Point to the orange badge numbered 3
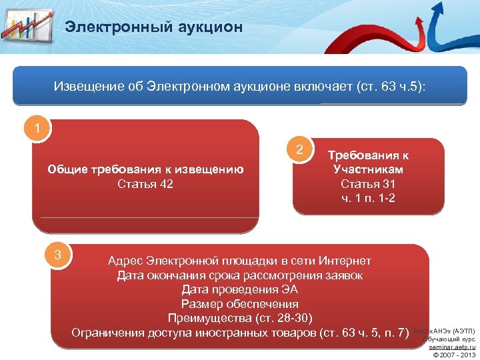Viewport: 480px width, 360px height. pyautogui.click(x=59, y=254)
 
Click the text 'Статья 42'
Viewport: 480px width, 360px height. pyautogui.click(x=145, y=184)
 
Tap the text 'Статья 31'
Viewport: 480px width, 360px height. pyautogui.click(x=368, y=184)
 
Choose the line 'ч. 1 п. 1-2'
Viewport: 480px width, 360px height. pyautogui.click(x=368, y=198)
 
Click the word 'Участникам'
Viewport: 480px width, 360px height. pyautogui.click(x=368, y=169)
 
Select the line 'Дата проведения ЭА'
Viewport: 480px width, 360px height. pyautogui.click(x=239, y=290)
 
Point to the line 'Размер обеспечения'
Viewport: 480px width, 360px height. pyautogui.click(x=239, y=303)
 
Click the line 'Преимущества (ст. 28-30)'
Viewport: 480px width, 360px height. pyautogui.click(x=239, y=317)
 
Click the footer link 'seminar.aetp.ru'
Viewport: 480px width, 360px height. pyautogui.click(x=452, y=347)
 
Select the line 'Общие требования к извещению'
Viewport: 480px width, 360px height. pyautogui.click(x=145, y=169)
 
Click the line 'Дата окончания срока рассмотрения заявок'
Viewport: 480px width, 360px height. pyautogui.click(x=239, y=275)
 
